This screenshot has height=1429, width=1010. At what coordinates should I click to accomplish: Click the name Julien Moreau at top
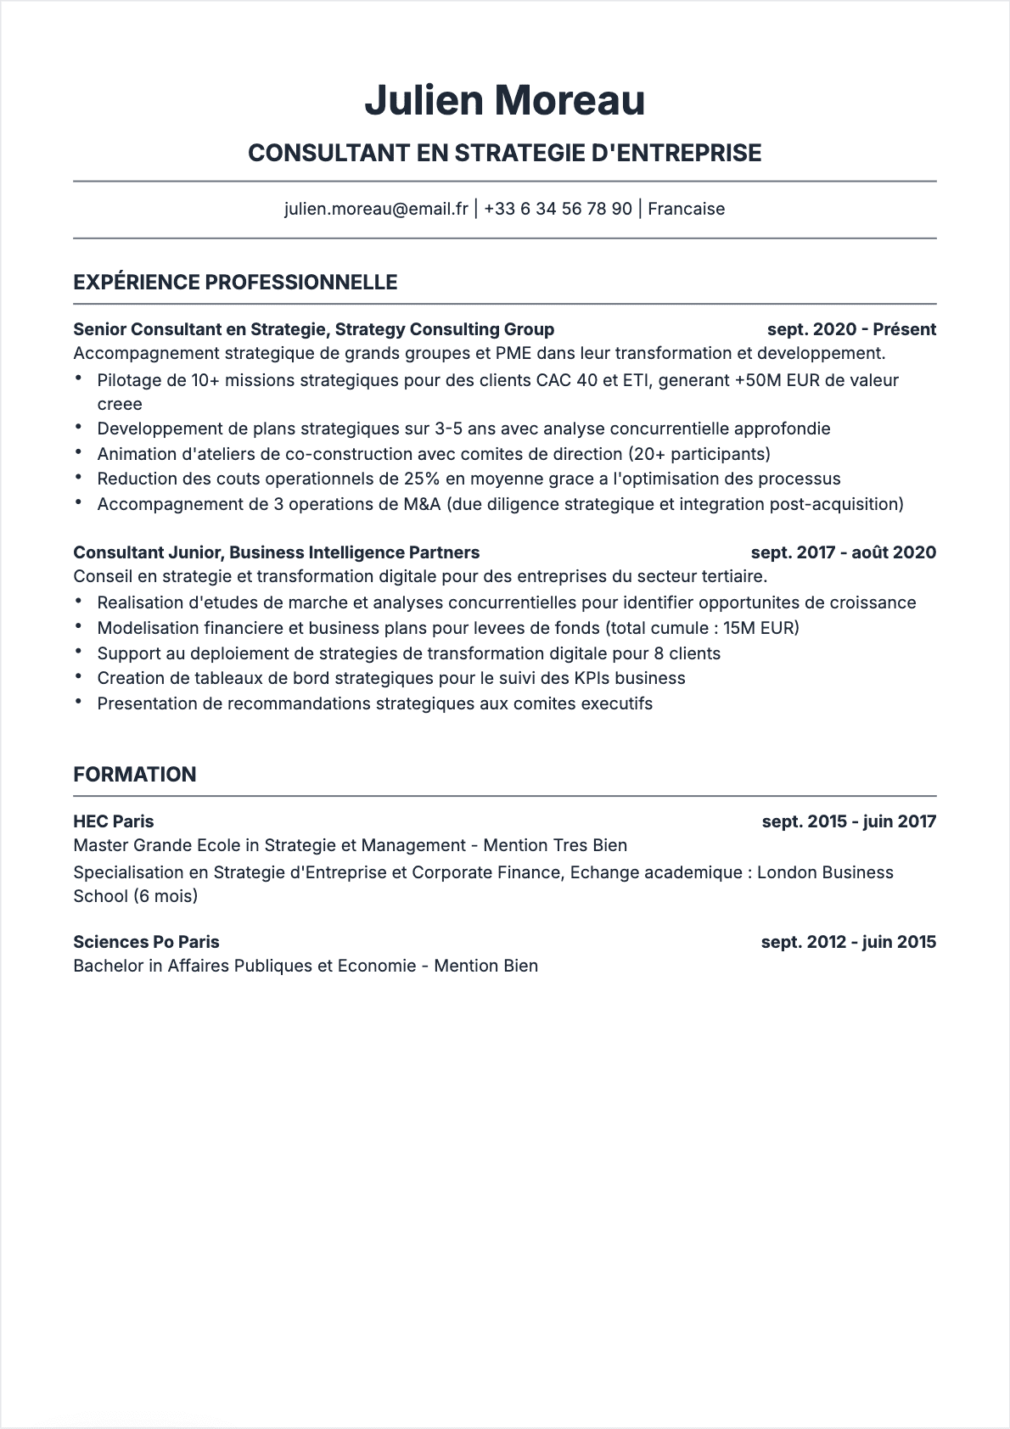point(504,100)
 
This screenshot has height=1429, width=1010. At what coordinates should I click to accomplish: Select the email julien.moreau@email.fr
point(376,209)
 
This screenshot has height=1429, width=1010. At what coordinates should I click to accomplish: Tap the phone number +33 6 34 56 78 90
point(558,209)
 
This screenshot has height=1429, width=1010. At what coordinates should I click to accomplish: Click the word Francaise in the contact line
point(686,209)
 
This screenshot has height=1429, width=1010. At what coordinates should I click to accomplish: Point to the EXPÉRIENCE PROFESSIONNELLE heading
point(235,283)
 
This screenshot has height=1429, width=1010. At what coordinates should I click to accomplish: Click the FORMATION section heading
point(134,774)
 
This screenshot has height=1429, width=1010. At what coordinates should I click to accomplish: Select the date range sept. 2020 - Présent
point(850,329)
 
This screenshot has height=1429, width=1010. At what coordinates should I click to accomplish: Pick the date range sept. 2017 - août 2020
point(843,552)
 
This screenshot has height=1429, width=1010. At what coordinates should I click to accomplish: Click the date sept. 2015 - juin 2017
point(848,821)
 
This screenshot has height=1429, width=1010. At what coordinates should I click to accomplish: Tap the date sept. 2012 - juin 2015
point(848,942)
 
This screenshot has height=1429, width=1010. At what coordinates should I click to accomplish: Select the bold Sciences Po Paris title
point(146,942)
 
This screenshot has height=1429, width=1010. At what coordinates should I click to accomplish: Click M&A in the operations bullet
point(422,504)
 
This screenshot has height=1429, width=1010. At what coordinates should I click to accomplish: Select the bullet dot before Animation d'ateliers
point(78,453)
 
